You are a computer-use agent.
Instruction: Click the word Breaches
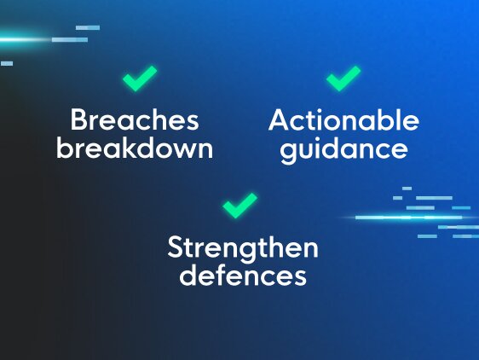(x=135, y=120)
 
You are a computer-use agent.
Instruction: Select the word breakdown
(x=135, y=148)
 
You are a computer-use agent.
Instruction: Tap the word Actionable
(x=343, y=120)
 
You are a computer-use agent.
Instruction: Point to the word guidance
(x=344, y=150)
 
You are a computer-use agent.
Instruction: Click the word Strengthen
(x=243, y=248)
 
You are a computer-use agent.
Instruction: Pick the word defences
(x=243, y=275)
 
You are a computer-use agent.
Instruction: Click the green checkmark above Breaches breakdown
(x=140, y=78)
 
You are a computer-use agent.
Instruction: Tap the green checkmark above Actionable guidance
(x=343, y=78)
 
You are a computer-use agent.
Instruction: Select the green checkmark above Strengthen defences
(x=240, y=206)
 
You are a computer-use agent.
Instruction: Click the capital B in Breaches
(x=78, y=120)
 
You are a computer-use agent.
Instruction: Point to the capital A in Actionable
(x=279, y=120)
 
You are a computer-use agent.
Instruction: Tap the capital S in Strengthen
(x=175, y=247)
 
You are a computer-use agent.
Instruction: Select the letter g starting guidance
(x=288, y=153)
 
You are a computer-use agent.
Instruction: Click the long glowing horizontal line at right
(x=409, y=218)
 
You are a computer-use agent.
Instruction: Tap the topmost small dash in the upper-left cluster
(x=88, y=28)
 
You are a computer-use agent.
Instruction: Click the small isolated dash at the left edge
(x=7, y=64)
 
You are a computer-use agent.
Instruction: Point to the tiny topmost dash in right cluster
(x=407, y=189)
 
